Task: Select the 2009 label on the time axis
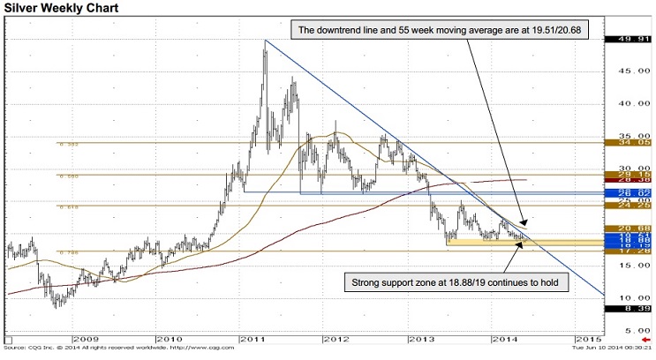(x=87, y=339)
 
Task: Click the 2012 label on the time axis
(x=336, y=339)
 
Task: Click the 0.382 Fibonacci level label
(x=65, y=144)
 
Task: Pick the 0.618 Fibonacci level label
(x=65, y=207)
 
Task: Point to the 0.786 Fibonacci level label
(x=65, y=252)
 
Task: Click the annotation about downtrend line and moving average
(x=423, y=29)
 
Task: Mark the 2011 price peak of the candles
(x=265, y=42)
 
